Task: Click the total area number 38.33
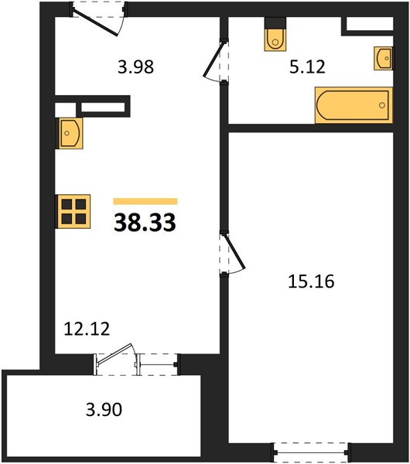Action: click(x=145, y=223)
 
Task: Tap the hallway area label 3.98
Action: click(x=135, y=67)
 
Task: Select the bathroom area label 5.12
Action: click(x=307, y=67)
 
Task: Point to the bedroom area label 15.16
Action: click(x=311, y=281)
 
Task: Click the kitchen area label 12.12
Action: click(x=87, y=329)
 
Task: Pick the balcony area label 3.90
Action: click(x=104, y=410)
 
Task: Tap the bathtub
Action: click(x=354, y=105)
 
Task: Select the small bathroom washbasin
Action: click(x=384, y=58)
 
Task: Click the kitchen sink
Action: click(x=70, y=133)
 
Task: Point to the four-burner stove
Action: click(x=73, y=211)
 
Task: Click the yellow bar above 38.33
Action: click(x=145, y=201)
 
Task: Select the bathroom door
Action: click(x=216, y=61)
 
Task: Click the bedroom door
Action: click(x=232, y=254)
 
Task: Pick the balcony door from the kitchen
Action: click(x=116, y=360)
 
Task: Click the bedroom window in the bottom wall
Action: click(x=311, y=452)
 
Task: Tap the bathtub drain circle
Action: click(x=382, y=105)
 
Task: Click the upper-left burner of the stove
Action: click(x=67, y=204)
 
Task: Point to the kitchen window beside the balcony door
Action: click(x=159, y=364)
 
